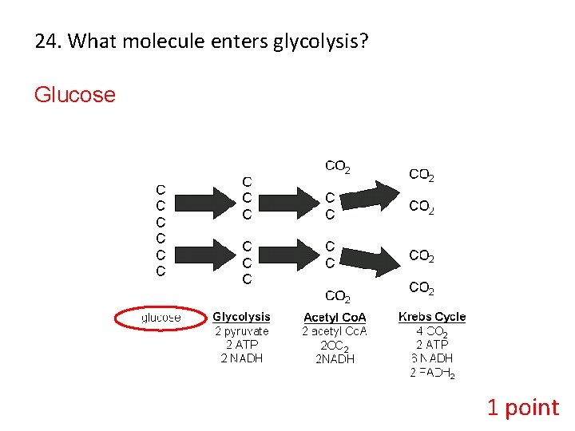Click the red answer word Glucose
(74, 95)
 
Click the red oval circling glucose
(161, 318)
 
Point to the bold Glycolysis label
(241, 317)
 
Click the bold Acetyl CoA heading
(335, 318)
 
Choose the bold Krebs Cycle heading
(432, 317)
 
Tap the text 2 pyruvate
(241, 331)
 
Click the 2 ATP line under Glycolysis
(241, 345)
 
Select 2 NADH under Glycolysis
(241, 358)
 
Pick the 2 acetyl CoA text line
(335, 331)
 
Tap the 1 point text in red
(523, 408)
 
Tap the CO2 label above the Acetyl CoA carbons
(338, 168)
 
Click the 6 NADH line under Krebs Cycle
(432, 359)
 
